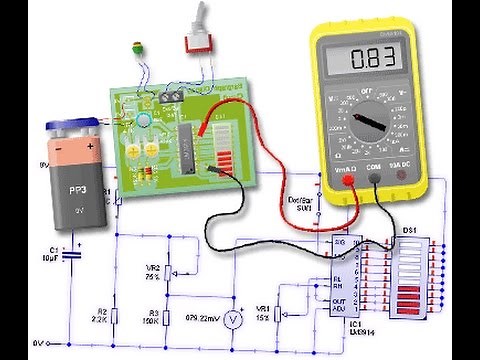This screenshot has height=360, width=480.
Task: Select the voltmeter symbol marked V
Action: tap(232, 319)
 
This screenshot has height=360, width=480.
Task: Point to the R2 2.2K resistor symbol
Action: tap(114, 318)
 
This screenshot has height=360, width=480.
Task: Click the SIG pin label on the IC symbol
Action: tap(341, 244)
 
